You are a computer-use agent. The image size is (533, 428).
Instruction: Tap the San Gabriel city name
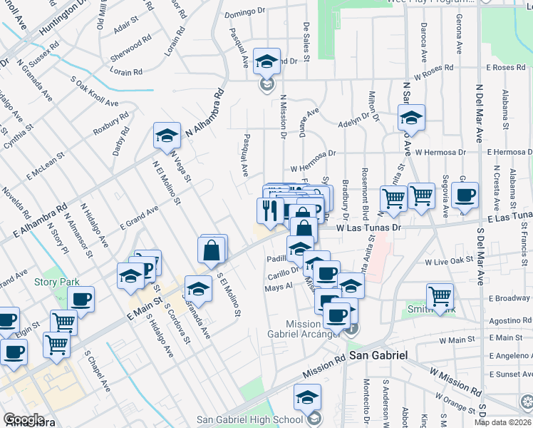point(377,355)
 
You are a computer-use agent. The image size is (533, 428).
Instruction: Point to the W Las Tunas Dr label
point(369,228)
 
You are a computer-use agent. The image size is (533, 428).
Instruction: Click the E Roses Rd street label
point(505,67)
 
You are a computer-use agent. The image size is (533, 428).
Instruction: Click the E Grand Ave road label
point(139,218)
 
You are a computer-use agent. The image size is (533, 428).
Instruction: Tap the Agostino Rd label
point(507,321)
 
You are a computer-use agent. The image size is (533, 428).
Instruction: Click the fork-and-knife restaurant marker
point(269,210)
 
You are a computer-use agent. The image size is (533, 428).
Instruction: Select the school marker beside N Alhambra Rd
point(167,133)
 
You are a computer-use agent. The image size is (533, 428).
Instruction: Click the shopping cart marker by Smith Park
point(440,294)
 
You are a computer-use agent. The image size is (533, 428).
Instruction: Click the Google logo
point(24,419)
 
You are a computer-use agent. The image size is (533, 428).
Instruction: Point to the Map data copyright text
point(503,422)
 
